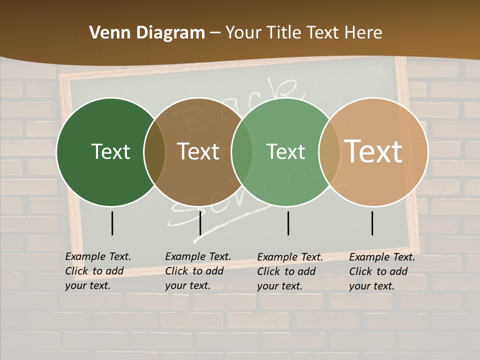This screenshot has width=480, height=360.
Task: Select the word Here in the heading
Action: pos(364,33)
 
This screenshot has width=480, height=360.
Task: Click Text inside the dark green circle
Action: pos(110,151)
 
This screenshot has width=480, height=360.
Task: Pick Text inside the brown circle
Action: pos(198,151)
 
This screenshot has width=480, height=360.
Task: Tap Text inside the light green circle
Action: pos(285,151)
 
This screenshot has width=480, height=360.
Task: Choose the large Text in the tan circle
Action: pos(373,151)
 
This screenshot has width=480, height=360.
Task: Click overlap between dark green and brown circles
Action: pos(154,152)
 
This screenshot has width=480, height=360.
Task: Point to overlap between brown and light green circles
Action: pos(242,152)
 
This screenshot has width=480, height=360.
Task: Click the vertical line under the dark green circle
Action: pos(112,223)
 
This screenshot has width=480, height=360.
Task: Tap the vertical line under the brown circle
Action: pos(200,223)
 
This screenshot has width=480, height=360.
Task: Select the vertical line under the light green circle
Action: pos(288,223)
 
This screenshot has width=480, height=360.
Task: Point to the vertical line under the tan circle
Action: pos(372,223)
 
